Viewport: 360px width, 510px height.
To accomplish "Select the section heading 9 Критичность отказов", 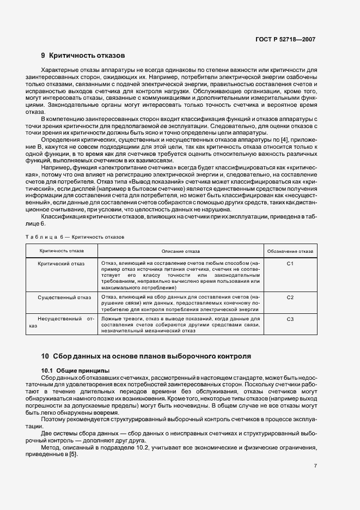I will (x=83, y=56).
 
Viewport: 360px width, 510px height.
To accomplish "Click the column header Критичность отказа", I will (x=60, y=251).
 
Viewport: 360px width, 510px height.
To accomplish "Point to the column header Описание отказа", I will (x=181, y=251).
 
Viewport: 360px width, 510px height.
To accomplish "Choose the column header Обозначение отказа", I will (x=290, y=251).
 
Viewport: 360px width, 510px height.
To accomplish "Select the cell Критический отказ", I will (x=60, y=263).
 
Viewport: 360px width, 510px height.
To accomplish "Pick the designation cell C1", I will (x=290, y=263).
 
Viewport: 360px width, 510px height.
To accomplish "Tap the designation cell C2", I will (x=290, y=297).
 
